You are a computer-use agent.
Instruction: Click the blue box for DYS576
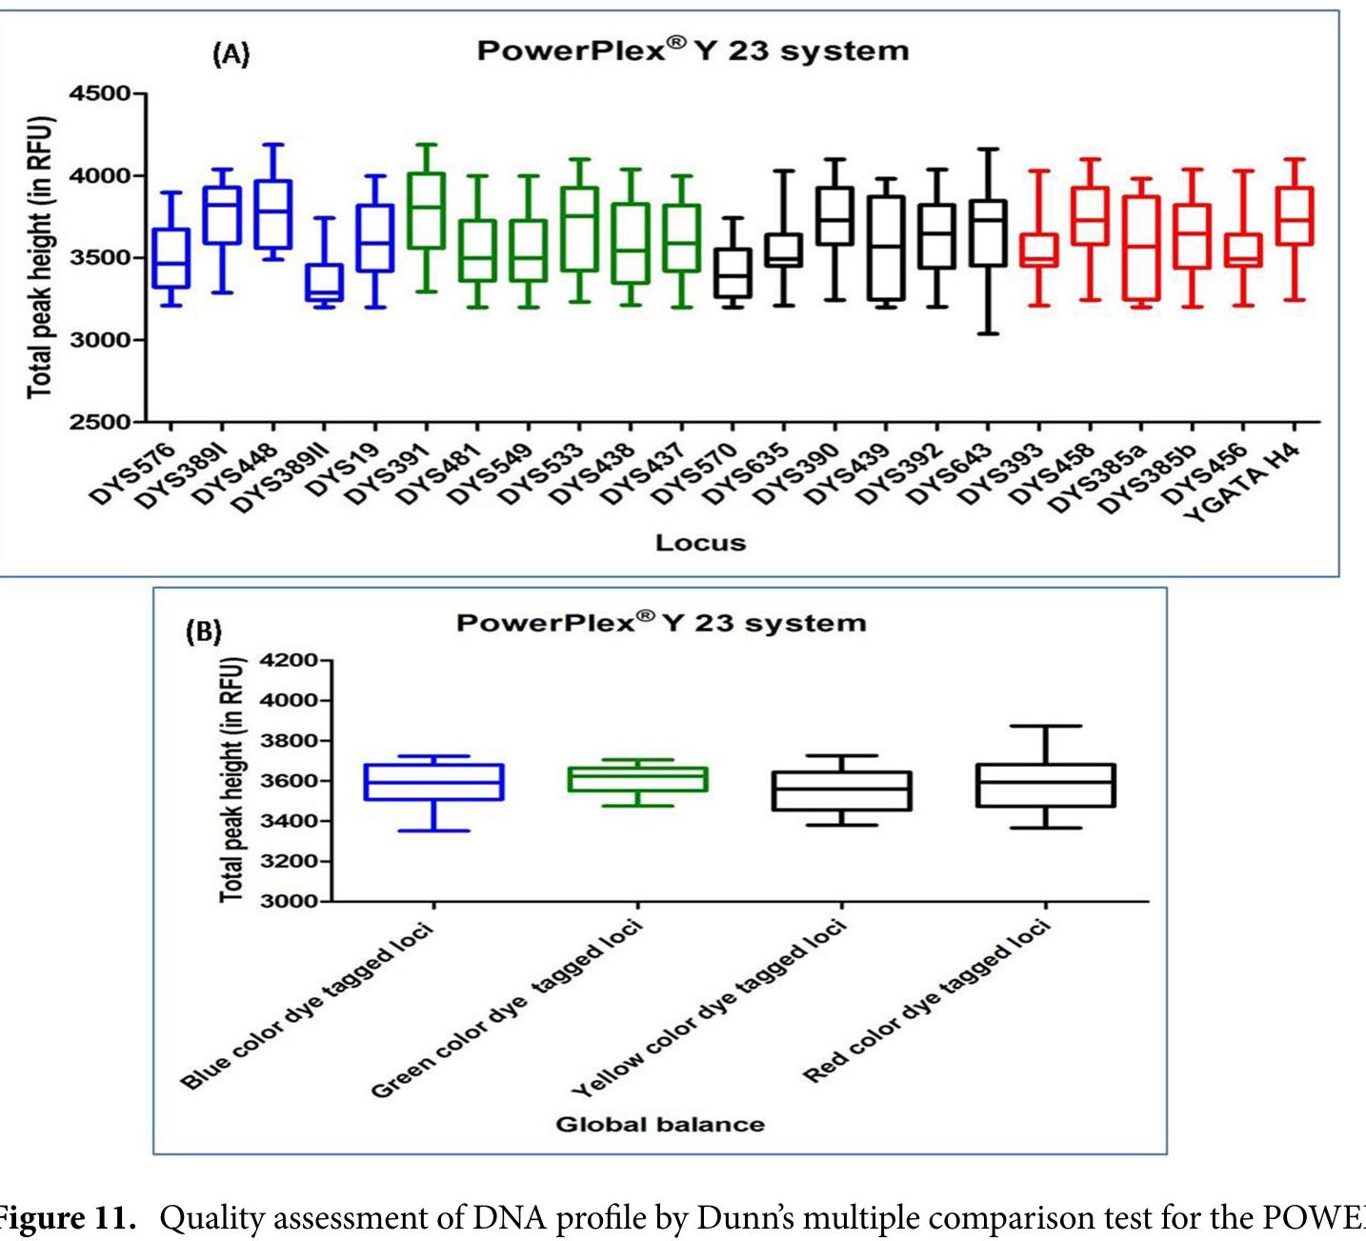pyautogui.click(x=171, y=258)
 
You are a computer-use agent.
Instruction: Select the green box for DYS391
pyautogui.click(x=426, y=210)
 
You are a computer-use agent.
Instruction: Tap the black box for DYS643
pyautogui.click(x=988, y=233)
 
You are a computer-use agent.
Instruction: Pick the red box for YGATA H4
pyautogui.click(x=1294, y=215)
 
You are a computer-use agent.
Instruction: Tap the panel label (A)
pyautogui.click(x=231, y=54)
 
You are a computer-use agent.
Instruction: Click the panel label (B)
pyautogui.click(x=203, y=631)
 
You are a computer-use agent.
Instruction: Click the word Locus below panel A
pyautogui.click(x=700, y=543)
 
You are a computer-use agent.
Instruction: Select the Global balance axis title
pyautogui.click(x=659, y=1125)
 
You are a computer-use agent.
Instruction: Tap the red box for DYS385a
pyautogui.click(x=1140, y=248)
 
